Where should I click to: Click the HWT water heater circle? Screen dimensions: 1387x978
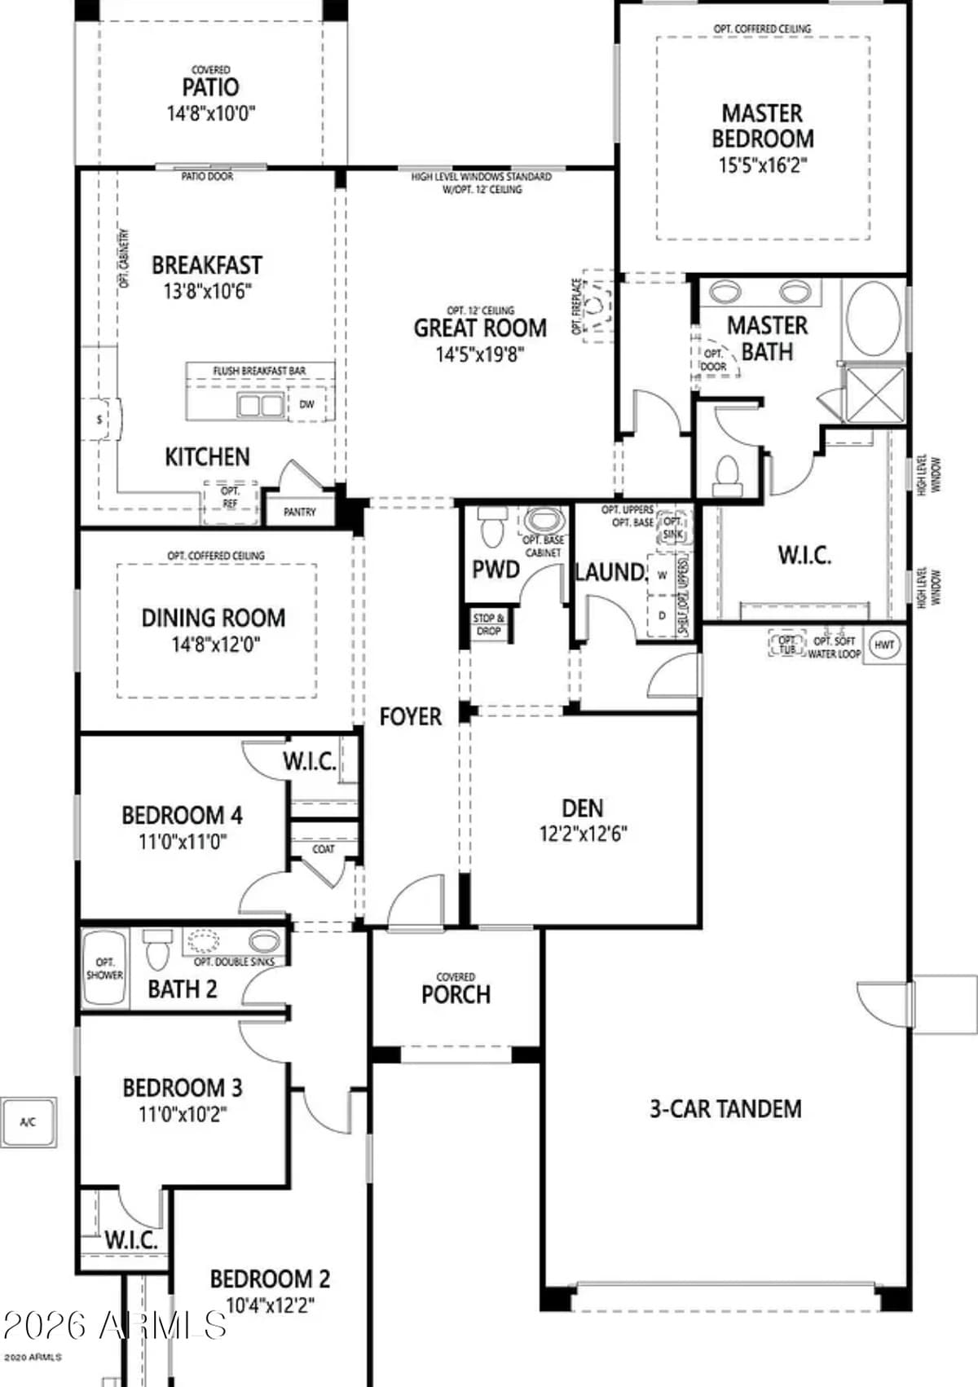[884, 645]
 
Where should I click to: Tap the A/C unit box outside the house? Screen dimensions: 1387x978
[28, 1122]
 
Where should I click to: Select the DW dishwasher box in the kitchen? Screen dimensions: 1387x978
[306, 404]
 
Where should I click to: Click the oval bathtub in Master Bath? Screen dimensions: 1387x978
[874, 318]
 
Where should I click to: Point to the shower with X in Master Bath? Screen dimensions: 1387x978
[874, 395]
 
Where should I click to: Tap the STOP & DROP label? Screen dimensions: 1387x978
[488, 624]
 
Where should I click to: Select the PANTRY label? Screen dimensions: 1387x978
[299, 512]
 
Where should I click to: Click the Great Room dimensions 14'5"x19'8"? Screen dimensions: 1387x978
[480, 354]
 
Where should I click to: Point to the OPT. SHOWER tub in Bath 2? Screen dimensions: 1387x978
[104, 968]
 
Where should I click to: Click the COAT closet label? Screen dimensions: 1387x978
[324, 848]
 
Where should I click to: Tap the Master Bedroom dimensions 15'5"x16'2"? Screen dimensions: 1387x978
[762, 165]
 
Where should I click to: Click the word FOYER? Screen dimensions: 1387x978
[411, 716]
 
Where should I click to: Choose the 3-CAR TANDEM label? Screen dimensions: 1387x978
[725, 1108]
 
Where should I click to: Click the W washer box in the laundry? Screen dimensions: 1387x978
[662, 575]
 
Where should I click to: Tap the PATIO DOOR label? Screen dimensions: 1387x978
[207, 176]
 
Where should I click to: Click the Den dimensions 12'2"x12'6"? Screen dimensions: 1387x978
[583, 834]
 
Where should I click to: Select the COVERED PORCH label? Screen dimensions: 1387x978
[456, 989]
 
